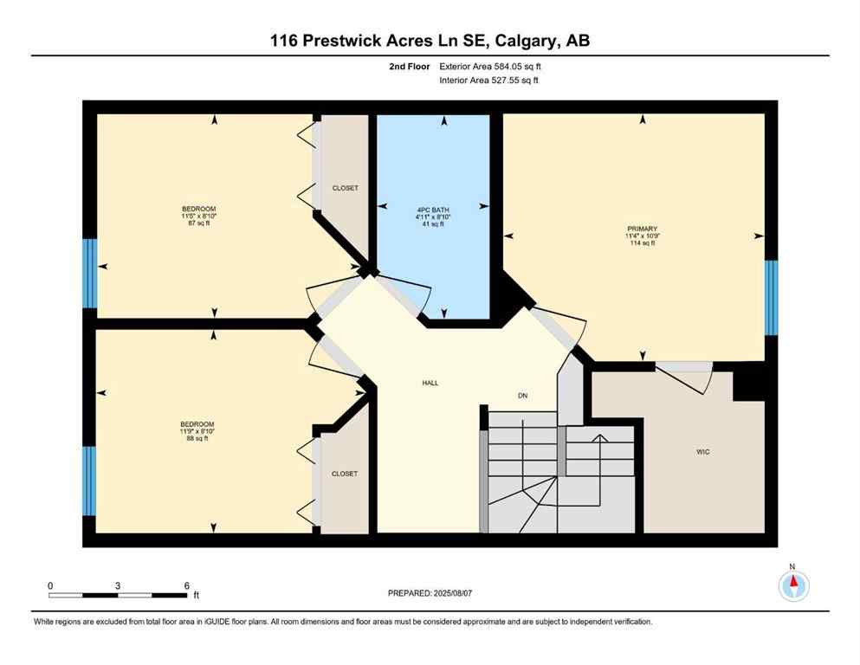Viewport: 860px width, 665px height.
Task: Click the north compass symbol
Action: tap(792, 586)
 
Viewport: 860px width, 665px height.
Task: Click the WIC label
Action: tap(702, 452)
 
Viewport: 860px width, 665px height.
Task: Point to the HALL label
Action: tap(430, 382)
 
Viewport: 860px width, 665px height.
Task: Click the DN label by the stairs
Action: tap(522, 396)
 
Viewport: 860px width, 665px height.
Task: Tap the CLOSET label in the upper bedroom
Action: tap(345, 188)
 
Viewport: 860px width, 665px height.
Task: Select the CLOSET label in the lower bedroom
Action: tap(345, 474)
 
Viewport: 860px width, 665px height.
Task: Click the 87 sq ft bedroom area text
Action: tap(198, 223)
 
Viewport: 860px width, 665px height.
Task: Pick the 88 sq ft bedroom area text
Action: tap(198, 439)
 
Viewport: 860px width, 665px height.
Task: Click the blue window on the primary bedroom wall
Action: tap(771, 297)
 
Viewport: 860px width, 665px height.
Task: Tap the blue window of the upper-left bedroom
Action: tap(88, 274)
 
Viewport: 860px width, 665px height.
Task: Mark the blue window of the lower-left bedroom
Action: tap(88, 480)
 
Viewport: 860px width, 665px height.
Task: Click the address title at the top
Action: tap(430, 40)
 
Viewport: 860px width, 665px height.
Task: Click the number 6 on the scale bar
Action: tap(186, 586)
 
